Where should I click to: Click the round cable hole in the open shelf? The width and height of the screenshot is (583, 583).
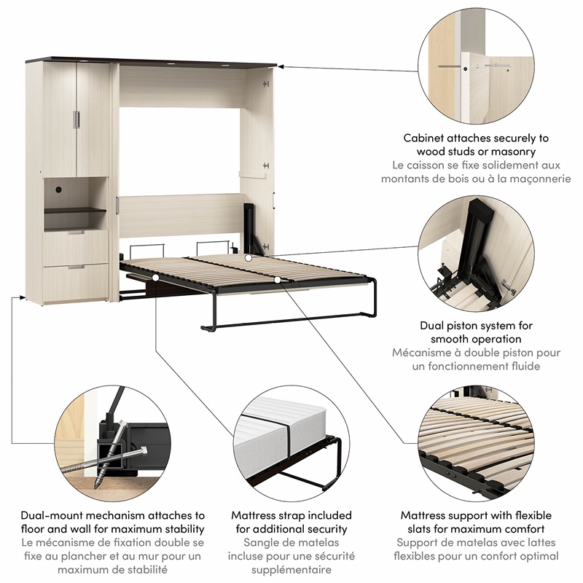[x=58, y=189]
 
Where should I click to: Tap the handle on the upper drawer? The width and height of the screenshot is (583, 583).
[x=76, y=232]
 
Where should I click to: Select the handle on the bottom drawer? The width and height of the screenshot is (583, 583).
[x=77, y=267]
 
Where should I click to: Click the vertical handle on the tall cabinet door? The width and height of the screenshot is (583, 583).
[x=77, y=120]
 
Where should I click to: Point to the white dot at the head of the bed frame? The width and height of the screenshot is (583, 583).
[x=249, y=257]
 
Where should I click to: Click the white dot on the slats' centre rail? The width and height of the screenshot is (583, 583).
[x=278, y=280]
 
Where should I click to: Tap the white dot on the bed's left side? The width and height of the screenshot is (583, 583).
[x=155, y=278]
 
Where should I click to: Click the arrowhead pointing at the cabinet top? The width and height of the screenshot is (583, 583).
[x=281, y=67]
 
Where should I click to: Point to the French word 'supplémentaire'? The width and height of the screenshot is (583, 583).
[x=291, y=570]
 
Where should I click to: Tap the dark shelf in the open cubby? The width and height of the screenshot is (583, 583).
[x=76, y=211]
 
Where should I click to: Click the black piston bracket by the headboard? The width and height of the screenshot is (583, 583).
[x=251, y=227]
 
